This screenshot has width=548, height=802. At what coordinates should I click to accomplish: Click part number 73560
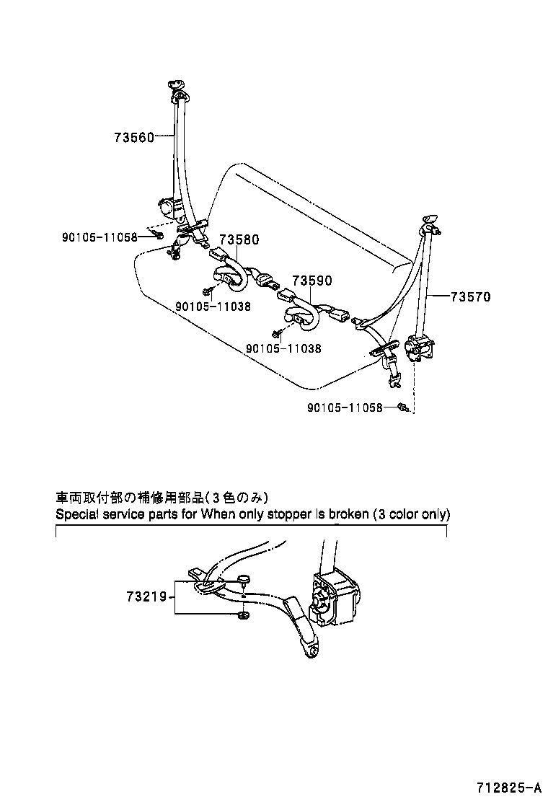pyautogui.click(x=133, y=137)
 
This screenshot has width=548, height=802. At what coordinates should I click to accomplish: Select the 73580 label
pyautogui.click(x=239, y=239)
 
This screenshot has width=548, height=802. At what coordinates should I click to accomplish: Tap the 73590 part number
pyautogui.click(x=311, y=281)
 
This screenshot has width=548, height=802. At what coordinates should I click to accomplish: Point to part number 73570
pyautogui.click(x=472, y=296)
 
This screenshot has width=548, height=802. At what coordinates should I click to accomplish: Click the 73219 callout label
pyautogui.click(x=146, y=596)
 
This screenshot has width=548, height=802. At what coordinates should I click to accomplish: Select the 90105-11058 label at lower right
pyautogui.click(x=345, y=407)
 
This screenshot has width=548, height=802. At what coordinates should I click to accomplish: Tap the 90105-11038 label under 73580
pyautogui.click(x=213, y=306)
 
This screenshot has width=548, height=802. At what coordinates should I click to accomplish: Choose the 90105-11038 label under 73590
pyautogui.click(x=283, y=348)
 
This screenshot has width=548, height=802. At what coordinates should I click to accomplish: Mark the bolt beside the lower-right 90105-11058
pyautogui.click(x=404, y=408)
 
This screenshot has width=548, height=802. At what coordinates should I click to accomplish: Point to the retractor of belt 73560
pyautogui.click(x=168, y=208)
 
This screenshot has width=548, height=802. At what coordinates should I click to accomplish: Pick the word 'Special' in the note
pyautogui.click(x=76, y=515)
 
